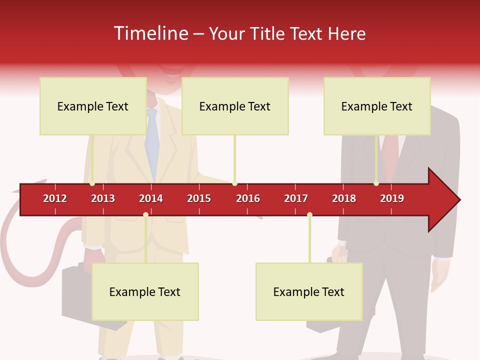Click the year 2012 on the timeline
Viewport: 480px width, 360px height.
[x=55, y=198]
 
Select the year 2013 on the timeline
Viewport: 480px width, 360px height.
[x=103, y=198]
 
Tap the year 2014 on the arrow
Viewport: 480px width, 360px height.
[x=151, y=198]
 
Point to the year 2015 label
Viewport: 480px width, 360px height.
[x=199, y=198]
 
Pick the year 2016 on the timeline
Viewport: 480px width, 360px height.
[x=248, y=198]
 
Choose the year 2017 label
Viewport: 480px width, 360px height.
[x=296, y=198]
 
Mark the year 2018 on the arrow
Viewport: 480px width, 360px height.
[x=344, y=198]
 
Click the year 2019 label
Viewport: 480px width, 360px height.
[x=392, y=198]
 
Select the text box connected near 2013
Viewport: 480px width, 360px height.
[x=93, y=106]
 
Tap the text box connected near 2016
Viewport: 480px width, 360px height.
[x=235, y=106]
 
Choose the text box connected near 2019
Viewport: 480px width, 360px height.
[x=377, y=106]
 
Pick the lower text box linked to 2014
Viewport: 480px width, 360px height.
[x=145, y=291]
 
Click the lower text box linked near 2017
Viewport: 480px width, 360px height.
[x=309, y=291]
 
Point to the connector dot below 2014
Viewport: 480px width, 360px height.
[x=145, y=215]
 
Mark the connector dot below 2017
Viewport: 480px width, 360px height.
[x=309, y=215]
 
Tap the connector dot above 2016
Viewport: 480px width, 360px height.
[x=234, y=183]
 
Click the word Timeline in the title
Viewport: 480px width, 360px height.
[x=150, y=33]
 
